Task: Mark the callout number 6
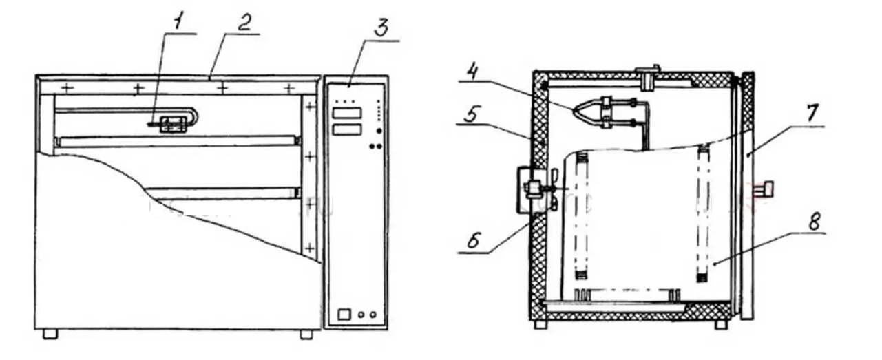(473, 240)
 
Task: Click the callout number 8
(815, 222)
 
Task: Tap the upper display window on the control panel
(347, 114)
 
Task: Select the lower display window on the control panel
(347, 129)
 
